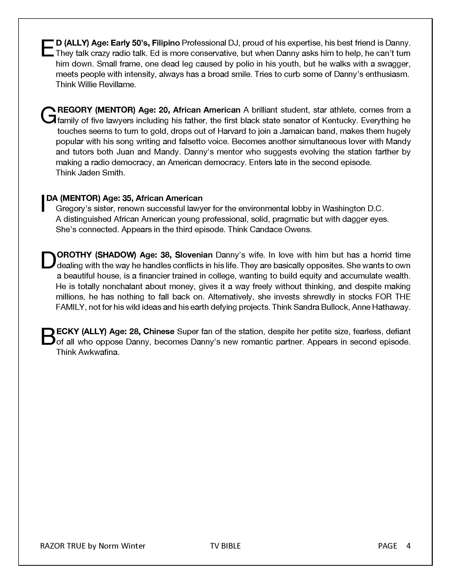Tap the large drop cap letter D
(x=48, y=260)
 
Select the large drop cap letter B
(x=48, y=337)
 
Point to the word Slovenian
(x=193, y=255)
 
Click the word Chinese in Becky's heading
(x=159, y=332)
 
